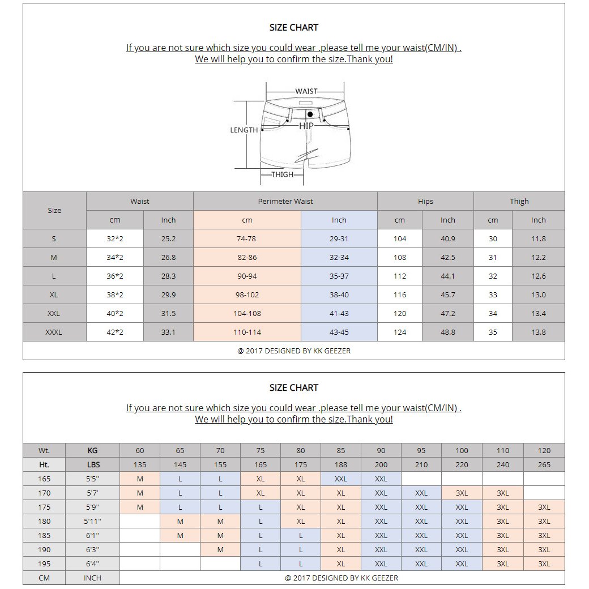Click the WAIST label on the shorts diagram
(x=306, y=91)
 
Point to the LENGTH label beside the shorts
(x=244, y=130)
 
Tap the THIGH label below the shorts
(x=282, y=174)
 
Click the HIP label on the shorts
(x=306, y=126)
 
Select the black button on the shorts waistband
(x=310, y=114)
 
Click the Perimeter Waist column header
(x=285, y=201)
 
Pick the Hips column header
(x=425, y=201)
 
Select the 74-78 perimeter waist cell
(x=247, y=238)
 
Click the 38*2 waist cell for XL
(x=115, y=294)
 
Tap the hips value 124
(x=400, y=332)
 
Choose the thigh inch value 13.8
(x=538, y=332)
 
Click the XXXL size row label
(x=54, y=332)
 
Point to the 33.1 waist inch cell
(x=168, y=332)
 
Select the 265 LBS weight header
(x=544, y=464)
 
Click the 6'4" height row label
(x=92, y=564)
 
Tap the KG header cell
(x=92, y=450)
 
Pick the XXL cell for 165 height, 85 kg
(x=341, y=479)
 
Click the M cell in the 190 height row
(x=220, y=549)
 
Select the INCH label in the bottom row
(x=92, y=578)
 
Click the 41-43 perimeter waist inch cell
(x=339, y=313)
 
